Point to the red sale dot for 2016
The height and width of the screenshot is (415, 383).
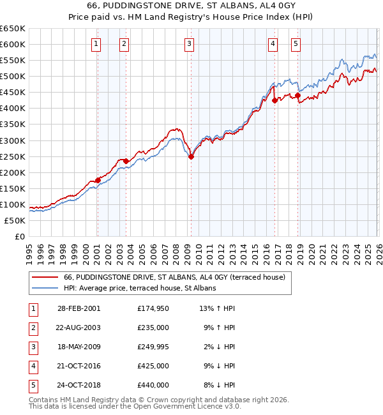pos(274,100)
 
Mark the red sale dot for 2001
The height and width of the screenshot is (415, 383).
pos(98,180)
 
